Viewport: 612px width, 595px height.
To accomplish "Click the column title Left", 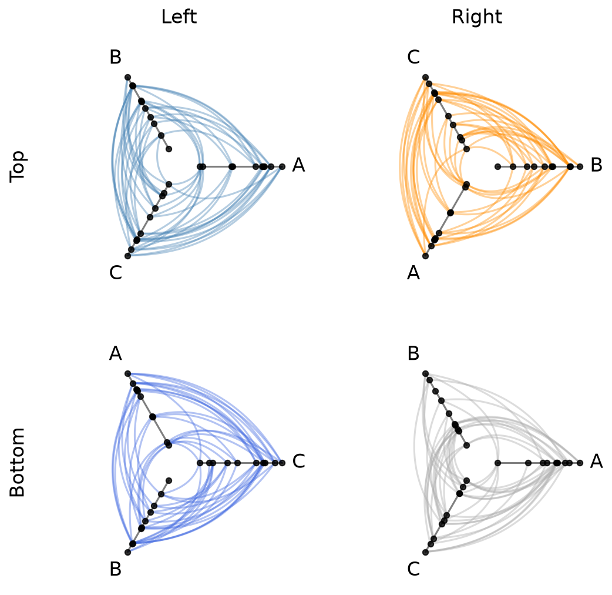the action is [x=179, y=17].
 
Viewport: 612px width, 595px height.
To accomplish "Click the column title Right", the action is [x=476, y=17].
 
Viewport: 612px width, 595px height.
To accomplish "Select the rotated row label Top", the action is [x=17, y=167].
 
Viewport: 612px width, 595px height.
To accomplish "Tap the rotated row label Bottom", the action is [x=17, y=463].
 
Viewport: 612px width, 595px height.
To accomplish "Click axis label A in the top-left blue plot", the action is [x=298, y=165].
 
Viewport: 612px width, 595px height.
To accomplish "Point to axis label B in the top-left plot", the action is [x=116, y=57].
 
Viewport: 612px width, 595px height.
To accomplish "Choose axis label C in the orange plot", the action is [x=413, y=57].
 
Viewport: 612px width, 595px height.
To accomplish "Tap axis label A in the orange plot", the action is [x=413, y=273].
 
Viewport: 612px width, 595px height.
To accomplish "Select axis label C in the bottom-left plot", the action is [x=298, y=462].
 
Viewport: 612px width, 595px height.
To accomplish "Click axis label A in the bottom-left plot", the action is [x=116, y=353].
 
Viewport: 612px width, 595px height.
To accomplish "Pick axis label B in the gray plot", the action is [x=413, y=353].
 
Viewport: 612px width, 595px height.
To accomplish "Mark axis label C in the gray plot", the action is [x=413, y=569].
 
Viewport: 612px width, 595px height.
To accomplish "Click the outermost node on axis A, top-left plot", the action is [x=282, y=167].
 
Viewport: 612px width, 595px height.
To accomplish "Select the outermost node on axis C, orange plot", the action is [x=425, y=78].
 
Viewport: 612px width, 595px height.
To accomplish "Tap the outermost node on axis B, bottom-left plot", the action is [x=127, y=552].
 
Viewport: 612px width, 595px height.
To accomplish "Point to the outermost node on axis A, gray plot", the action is [x=580, y=463].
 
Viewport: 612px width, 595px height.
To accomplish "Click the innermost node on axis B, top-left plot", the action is [x=169, y=149].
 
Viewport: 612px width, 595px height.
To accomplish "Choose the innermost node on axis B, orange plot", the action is [x=497, y=167].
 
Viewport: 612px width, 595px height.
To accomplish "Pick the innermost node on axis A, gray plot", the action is [x=497, y=463].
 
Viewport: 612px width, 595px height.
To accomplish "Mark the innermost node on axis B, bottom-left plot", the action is [x=169, y=480].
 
